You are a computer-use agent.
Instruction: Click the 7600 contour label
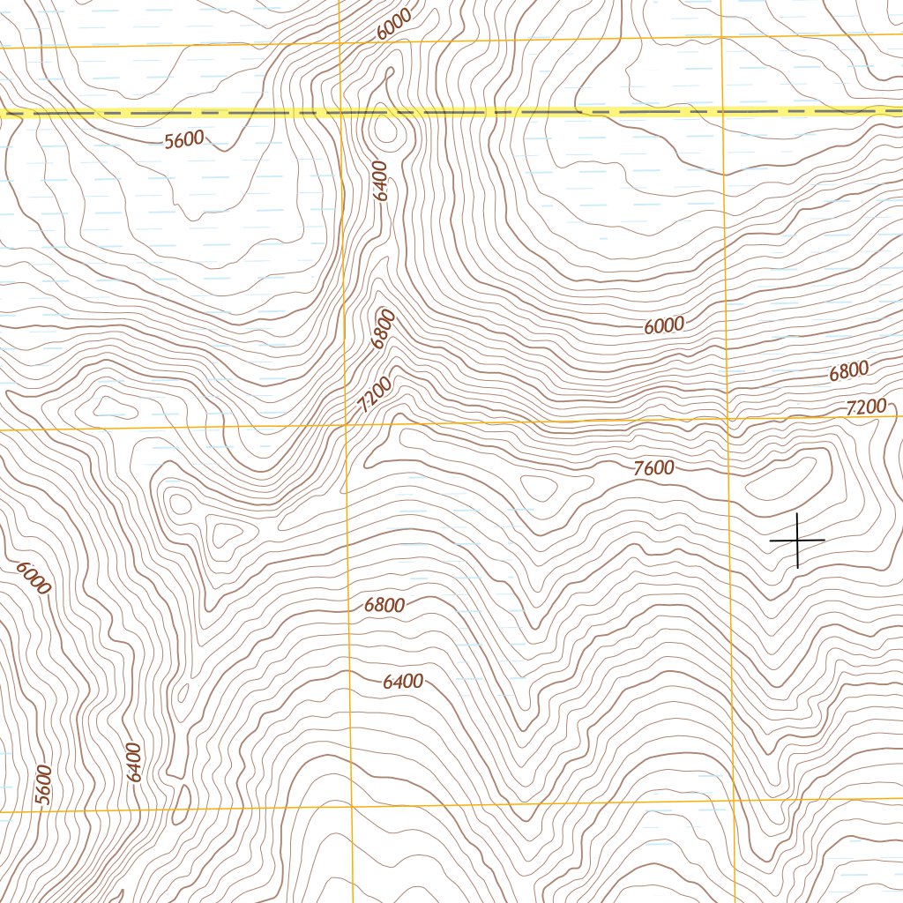653,468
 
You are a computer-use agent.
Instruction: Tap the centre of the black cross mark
797,540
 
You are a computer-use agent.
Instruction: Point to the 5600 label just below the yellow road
184,139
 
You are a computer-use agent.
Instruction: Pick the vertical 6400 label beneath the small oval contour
381,181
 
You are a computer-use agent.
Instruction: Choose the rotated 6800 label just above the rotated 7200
383,329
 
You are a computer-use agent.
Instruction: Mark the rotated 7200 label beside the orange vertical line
374,393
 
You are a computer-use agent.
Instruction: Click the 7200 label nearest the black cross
865,407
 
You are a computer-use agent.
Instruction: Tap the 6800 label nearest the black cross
849,371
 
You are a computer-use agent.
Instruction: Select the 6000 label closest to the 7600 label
663,325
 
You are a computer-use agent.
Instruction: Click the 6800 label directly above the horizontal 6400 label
384,606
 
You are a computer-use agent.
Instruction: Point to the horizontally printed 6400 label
403,682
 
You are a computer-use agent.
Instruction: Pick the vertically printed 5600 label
44,784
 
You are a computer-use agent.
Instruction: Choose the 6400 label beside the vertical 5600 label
133,763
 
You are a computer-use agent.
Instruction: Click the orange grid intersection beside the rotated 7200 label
346,427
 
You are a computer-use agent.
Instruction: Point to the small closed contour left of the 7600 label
540,487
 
